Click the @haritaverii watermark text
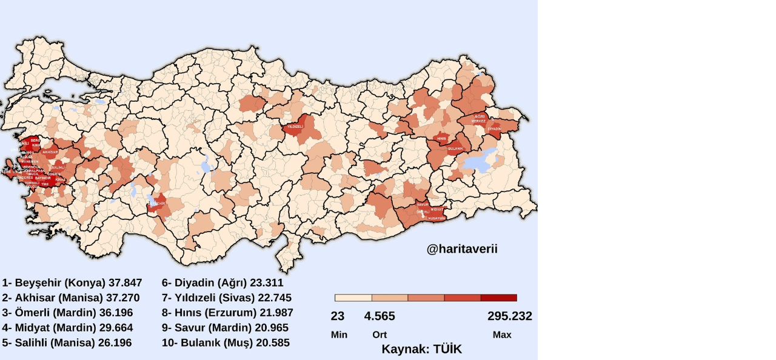pyautogui.click(x=462, y=249)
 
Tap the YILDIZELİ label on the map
pyautogui.click(x=295, y=127)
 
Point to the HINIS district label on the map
pyautogui.click(x=442, y=139)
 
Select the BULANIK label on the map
pyautogui.click(x=455, y=148)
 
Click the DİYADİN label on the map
pyautogui.click(x=495, y=129)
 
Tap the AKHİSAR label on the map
pyautogui.click(x=50, y=152)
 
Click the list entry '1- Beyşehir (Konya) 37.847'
pyautogui.click(x=72, y=283)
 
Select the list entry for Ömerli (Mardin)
pyautogui.click(x=72, y=313)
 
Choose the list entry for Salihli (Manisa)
pyautogui.click(x=67, y=342)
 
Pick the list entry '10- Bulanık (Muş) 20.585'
pyautogui.click(x=226, y=342)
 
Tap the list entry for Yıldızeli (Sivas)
pyautogui.click(x=227, y=298)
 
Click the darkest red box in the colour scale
pyautogui.click(x=498, y=298)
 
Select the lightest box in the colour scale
pyautogui.click(x=353, y=298)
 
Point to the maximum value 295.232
pyautogui.click(x=509, y=316)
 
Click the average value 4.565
pyautogui.click(x=380, y=316)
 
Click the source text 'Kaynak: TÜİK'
pyautogui.click(x=421, y=349)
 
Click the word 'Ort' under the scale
pyautogui.click(x=380, y=335)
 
